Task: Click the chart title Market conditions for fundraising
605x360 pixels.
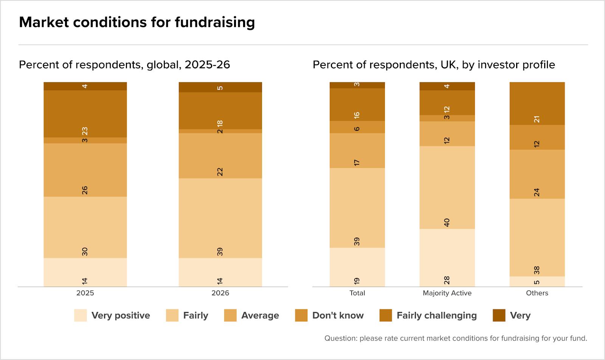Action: click(x=137, y=22)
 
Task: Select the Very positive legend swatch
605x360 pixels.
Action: click(x=81, y=315)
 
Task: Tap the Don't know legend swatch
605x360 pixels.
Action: click(x=301, y=315)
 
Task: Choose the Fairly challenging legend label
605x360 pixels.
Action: click(x=437, y=315)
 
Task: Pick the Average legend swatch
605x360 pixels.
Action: click(x=230, y=315)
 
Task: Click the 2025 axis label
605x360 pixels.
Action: click(x=85, y=293)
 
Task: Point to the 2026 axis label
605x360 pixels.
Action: click(x=220, y=293)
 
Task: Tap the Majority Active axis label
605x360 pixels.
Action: click(x=447, y=293)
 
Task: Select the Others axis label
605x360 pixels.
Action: click(x=537, y=293)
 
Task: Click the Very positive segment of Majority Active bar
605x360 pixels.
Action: click(x=447, y=258)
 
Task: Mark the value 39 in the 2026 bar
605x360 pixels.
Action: click(x=220, y=252)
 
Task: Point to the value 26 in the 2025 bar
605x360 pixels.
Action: click(x=85, y=190)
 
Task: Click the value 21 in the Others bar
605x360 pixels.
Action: click(x=537, y=119)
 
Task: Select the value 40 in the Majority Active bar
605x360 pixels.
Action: click(x=447, y=222)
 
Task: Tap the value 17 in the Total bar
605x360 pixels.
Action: click(x=357, y=163)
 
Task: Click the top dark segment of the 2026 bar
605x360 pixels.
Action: click(x=220, y=87)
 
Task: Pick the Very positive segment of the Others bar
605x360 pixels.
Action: click(x=537, y=281)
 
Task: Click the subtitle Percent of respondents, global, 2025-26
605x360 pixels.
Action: click(x=124, y=65)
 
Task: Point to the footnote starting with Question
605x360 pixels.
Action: click(x=456, y=338)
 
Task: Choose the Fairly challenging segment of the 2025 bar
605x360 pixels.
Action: click(x=85, y=114)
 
